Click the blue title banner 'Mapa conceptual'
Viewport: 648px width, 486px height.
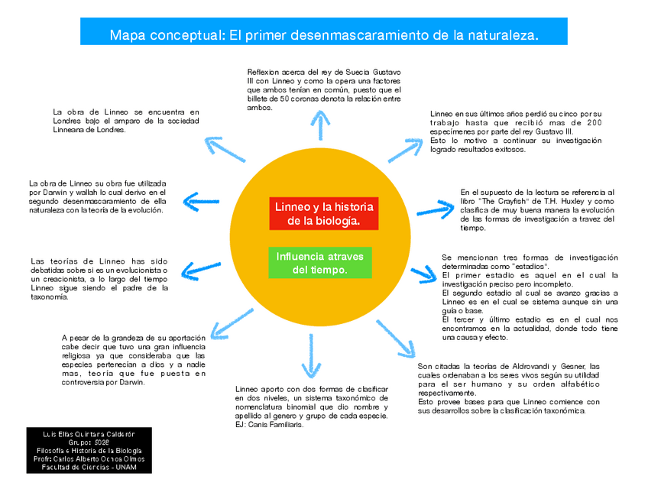tap(324, 35)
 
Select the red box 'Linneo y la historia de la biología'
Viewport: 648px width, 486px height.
tap(324, 214)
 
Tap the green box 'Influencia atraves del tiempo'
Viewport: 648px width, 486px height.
tap(320, 263)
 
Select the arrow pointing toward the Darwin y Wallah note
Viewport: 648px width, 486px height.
tap(202, 203)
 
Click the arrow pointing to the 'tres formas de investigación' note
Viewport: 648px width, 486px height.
tap(424, 274)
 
